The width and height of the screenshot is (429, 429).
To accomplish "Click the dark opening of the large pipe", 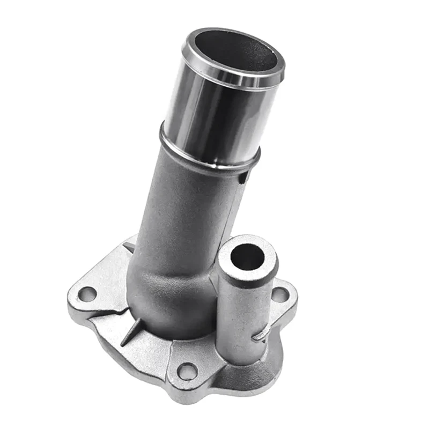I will [x=236, y=51].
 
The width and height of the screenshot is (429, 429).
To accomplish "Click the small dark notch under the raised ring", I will [x=243, y=175].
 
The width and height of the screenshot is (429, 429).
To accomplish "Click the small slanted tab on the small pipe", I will [x=261, y=334].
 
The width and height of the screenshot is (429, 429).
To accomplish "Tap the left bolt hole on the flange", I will [x=87, y=294].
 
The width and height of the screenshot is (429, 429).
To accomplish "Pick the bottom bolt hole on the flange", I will [x=188, y=371].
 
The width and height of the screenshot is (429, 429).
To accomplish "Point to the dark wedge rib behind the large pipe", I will [x=129, y=247].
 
